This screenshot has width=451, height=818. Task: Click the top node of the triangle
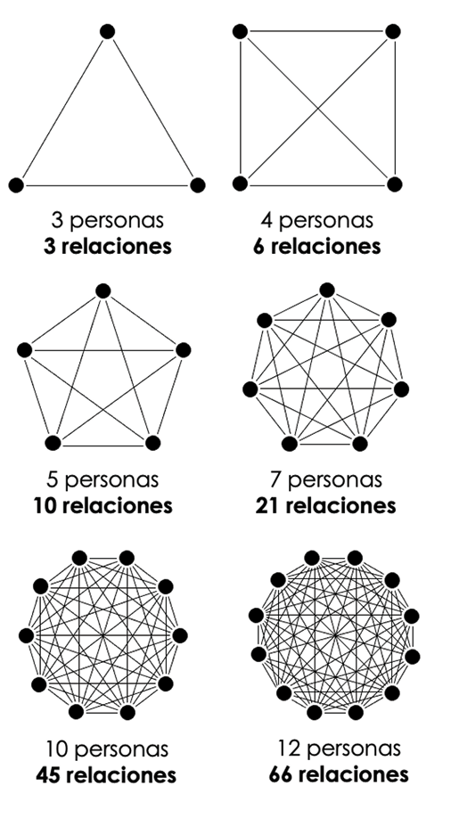point(107,31)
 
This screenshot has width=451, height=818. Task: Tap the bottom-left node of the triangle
point(16,184)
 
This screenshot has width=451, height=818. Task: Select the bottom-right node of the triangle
point(197,184)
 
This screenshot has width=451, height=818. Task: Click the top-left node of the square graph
point(240,31)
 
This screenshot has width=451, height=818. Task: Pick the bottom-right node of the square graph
point(395,184)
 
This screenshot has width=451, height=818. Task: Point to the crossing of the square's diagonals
point(317,108)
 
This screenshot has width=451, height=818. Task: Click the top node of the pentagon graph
point(103,290)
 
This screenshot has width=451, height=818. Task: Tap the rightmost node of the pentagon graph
point(183,350)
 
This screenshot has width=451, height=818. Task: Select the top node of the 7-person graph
point(327,290)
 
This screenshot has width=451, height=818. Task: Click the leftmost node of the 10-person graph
point(27,635)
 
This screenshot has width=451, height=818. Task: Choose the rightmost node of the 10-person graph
point(179,635)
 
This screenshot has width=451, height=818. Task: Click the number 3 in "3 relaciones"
point(49,246)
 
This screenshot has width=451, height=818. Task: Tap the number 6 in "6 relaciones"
point(258,246)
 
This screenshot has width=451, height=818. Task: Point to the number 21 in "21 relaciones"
point(268,505)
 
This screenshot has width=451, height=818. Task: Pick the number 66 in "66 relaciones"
point(283,773)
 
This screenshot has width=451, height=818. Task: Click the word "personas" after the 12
point(353,749)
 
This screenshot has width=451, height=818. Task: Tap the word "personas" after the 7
point(334,480)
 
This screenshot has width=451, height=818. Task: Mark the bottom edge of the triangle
point(107,185)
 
